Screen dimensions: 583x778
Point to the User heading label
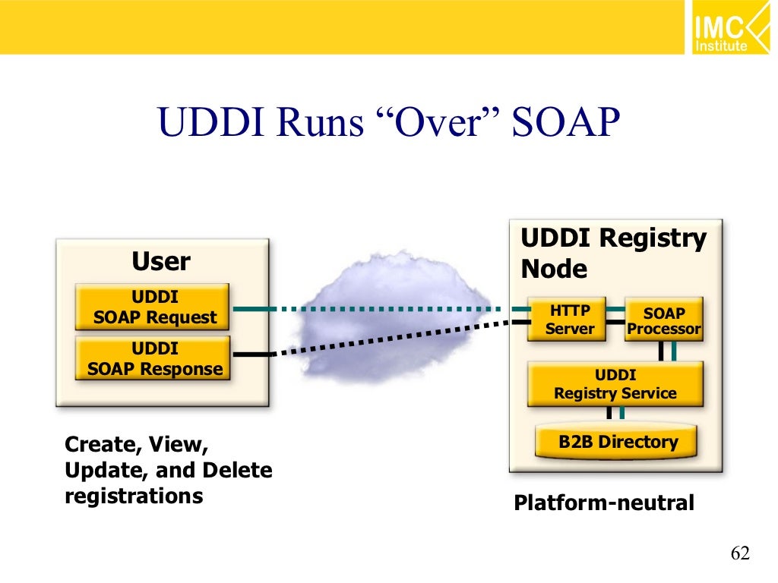pos(160,262)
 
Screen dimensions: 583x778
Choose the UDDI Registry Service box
pos(615,384)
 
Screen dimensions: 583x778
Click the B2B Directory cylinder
pos(617,442)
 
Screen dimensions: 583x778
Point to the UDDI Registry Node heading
pos(612,254)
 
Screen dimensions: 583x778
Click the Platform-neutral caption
pos(604,503)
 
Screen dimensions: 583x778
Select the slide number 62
pos(740,553)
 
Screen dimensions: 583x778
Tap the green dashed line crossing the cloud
pos(395,309)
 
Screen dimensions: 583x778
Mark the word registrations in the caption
pos(134,496)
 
